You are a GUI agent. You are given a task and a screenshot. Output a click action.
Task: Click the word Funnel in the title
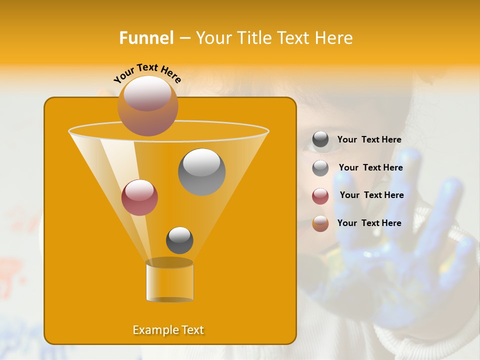coord(146,38)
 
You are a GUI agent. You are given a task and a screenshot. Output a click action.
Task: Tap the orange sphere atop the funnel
coord(147,105)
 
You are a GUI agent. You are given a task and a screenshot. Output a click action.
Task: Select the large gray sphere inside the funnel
coord(201,171)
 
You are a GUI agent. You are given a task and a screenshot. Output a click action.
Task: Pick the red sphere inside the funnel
coord(139,197)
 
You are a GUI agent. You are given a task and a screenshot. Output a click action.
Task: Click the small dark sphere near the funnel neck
coord(179,240)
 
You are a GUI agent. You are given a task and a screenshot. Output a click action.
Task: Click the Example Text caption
coord(168,330)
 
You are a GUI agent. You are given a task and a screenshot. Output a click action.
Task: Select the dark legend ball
coord(320,139)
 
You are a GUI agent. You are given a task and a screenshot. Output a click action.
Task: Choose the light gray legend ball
coord(320,167)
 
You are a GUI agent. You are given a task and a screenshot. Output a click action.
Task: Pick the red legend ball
coord(320,195)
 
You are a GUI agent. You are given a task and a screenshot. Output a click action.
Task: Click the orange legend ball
coord(320,223)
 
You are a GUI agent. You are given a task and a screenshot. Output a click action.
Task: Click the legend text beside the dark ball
coord(369,140)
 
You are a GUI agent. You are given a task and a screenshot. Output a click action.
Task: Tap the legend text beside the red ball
coord(371,195)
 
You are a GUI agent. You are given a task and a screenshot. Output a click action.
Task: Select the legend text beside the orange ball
coord(369,223)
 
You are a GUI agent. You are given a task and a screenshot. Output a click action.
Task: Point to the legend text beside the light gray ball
coord(370,168)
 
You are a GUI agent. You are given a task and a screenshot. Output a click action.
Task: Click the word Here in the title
coord(333,38)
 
